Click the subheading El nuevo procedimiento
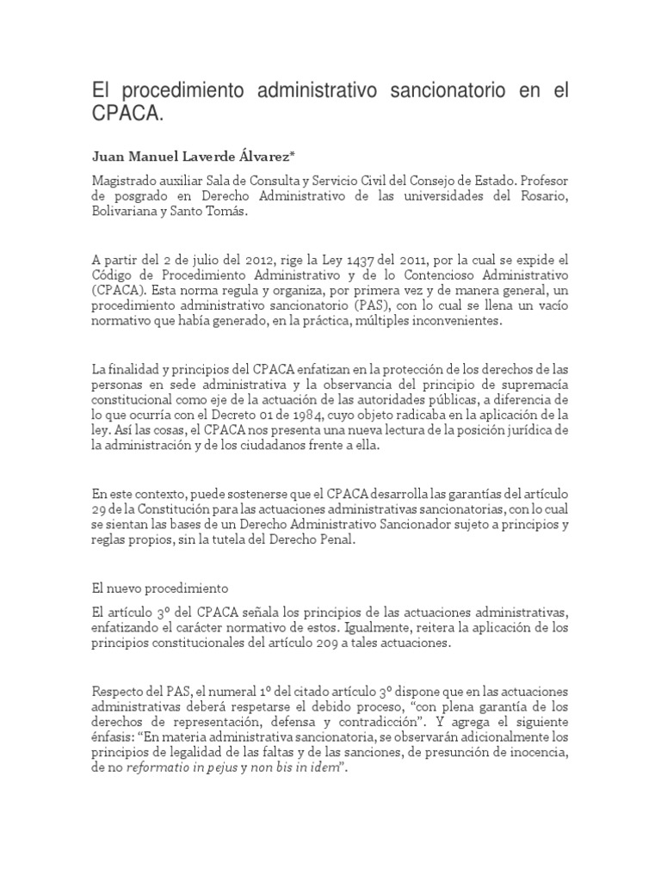pos(159,589)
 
